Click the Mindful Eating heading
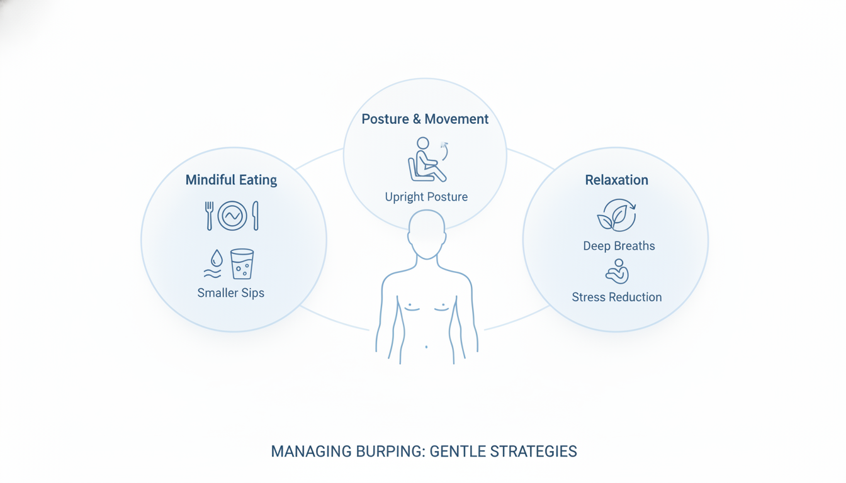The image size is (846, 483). pos(231,180)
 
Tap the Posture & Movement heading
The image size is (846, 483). pos(425,119)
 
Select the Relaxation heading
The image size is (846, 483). pos(616,180)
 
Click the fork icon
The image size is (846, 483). pos(209,216)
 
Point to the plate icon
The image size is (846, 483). pos(232,216)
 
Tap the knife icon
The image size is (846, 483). pos(256,216)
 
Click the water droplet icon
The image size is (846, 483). pos(217,258)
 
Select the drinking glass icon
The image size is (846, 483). pos(242,264)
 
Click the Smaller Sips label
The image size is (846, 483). pos(231,293)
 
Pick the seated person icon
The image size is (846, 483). pos(426,160)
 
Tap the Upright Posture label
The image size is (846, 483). pos(426,197)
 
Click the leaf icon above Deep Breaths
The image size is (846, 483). pos(616,216)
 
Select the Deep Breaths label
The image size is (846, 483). pos(619,246)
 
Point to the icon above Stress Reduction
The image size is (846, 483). pos(617,271)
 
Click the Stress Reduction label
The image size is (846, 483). pos(617,297)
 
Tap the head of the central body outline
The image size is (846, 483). pos(427,235)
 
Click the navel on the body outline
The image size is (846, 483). pos(426,347)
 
